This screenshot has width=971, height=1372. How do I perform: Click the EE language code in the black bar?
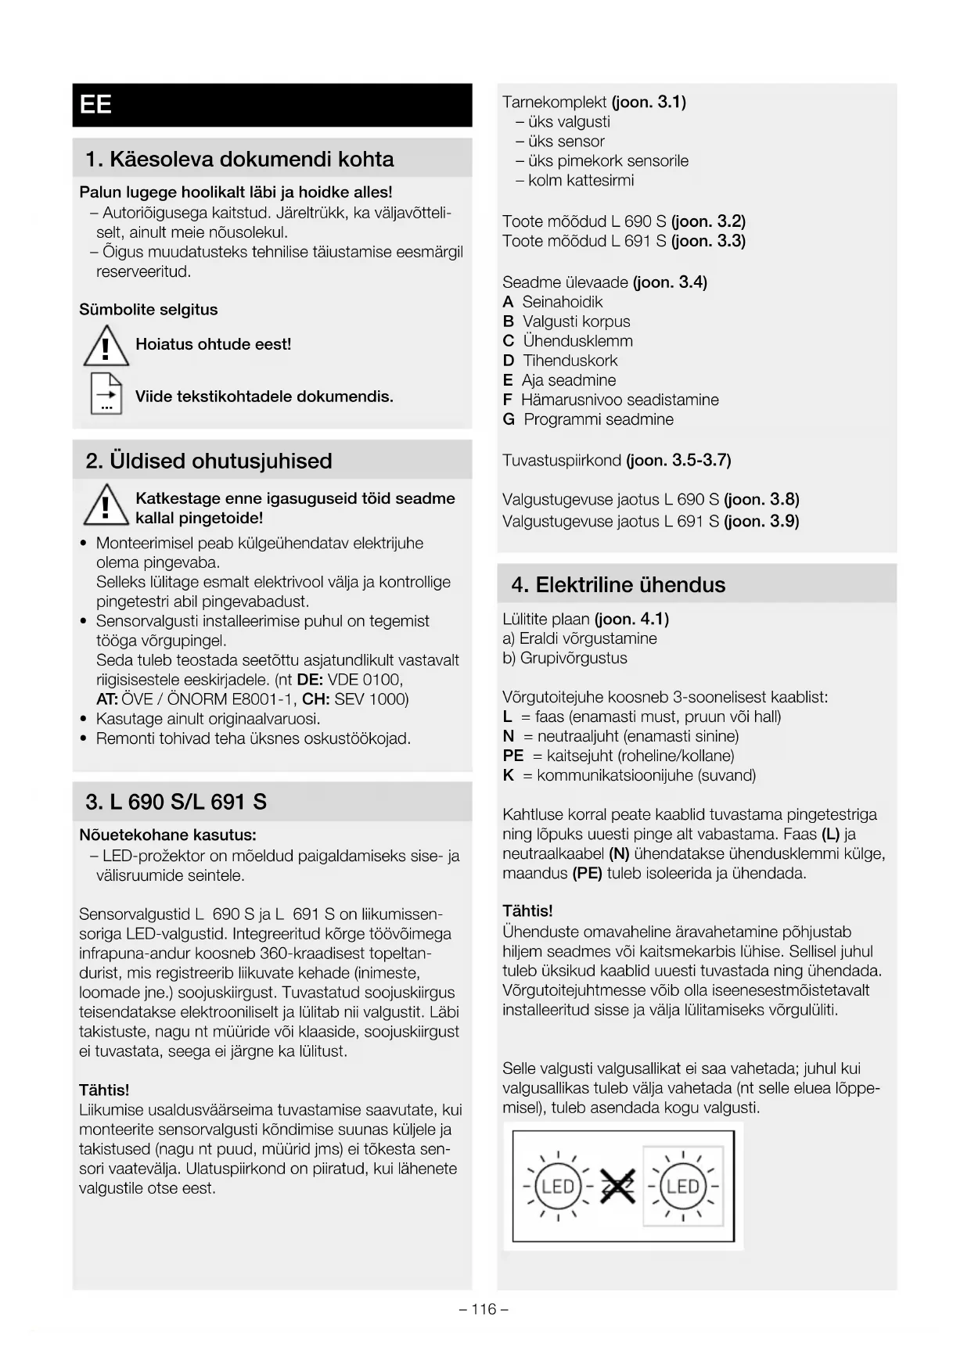click(x=95, y=105)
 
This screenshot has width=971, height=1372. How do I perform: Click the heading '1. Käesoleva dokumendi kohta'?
click(x=239, y=160)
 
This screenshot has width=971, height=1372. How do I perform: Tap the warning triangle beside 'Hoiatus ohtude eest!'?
click(x=106, y=347)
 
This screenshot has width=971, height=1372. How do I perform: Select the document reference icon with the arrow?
click(x=106, y=393)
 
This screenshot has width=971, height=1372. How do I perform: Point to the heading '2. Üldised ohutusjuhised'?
click(x=209, y=461)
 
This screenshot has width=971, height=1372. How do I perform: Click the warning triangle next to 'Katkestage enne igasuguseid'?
click(x=106, y=505)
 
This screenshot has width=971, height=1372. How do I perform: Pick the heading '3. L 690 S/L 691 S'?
click(x=176, y=802)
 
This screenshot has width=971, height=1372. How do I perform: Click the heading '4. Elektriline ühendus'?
click(x=618, y=585)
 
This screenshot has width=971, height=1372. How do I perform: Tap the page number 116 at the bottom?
click(x=484, y=1309)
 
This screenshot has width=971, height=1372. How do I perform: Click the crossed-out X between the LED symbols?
click(x=618, y=1187)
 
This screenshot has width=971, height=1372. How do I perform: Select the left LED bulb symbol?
click(x=558, y=1187)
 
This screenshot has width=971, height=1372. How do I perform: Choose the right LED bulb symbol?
click(x=682, y=1187)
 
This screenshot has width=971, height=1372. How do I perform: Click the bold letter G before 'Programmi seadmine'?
click(x=509, y=419)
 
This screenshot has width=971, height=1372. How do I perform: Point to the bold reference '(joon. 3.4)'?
click(x=670, y=282)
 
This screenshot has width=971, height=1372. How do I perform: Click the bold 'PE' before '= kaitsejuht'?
click(x=513, y=756)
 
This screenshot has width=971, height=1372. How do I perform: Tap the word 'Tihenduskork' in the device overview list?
click(x=570, y=361)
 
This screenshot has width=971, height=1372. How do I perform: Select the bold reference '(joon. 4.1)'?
click(x=631, y=620)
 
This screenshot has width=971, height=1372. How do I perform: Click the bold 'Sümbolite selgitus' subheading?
click(x=149, y=310)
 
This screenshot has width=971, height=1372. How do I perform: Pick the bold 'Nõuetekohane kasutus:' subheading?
click(x=167, y=835)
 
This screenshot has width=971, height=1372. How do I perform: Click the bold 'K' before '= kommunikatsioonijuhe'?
click(x=509, y=775)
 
